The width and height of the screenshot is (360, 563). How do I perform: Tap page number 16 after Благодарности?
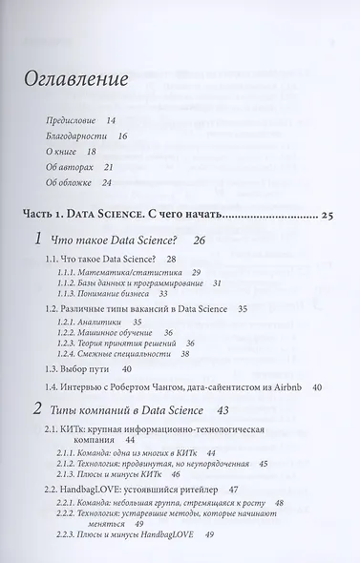[121, 136]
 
